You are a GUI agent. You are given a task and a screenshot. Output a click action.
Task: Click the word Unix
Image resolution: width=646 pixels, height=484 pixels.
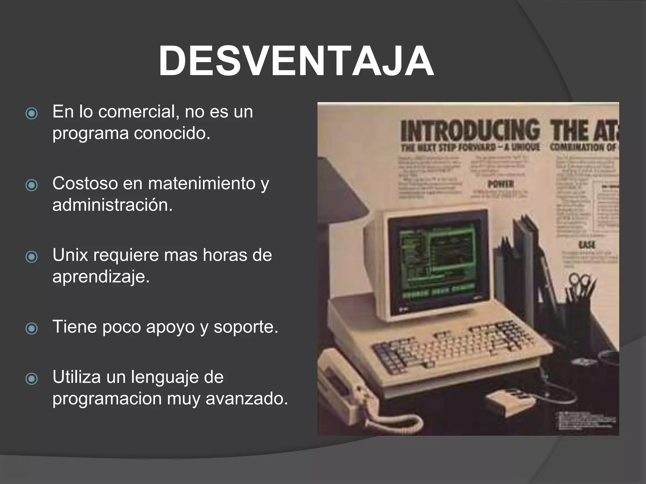[x=70, y=255]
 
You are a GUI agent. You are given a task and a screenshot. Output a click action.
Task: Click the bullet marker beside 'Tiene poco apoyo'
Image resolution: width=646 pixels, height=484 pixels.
[x=32, y=329]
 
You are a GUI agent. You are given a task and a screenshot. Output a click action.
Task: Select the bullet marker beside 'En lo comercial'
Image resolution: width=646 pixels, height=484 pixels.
[x=32, y=114]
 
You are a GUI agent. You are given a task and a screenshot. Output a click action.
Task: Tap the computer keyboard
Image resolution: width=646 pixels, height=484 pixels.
[x=454, y=347]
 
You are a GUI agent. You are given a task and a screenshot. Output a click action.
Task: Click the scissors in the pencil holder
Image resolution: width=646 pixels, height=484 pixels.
[x=579, y=280]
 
